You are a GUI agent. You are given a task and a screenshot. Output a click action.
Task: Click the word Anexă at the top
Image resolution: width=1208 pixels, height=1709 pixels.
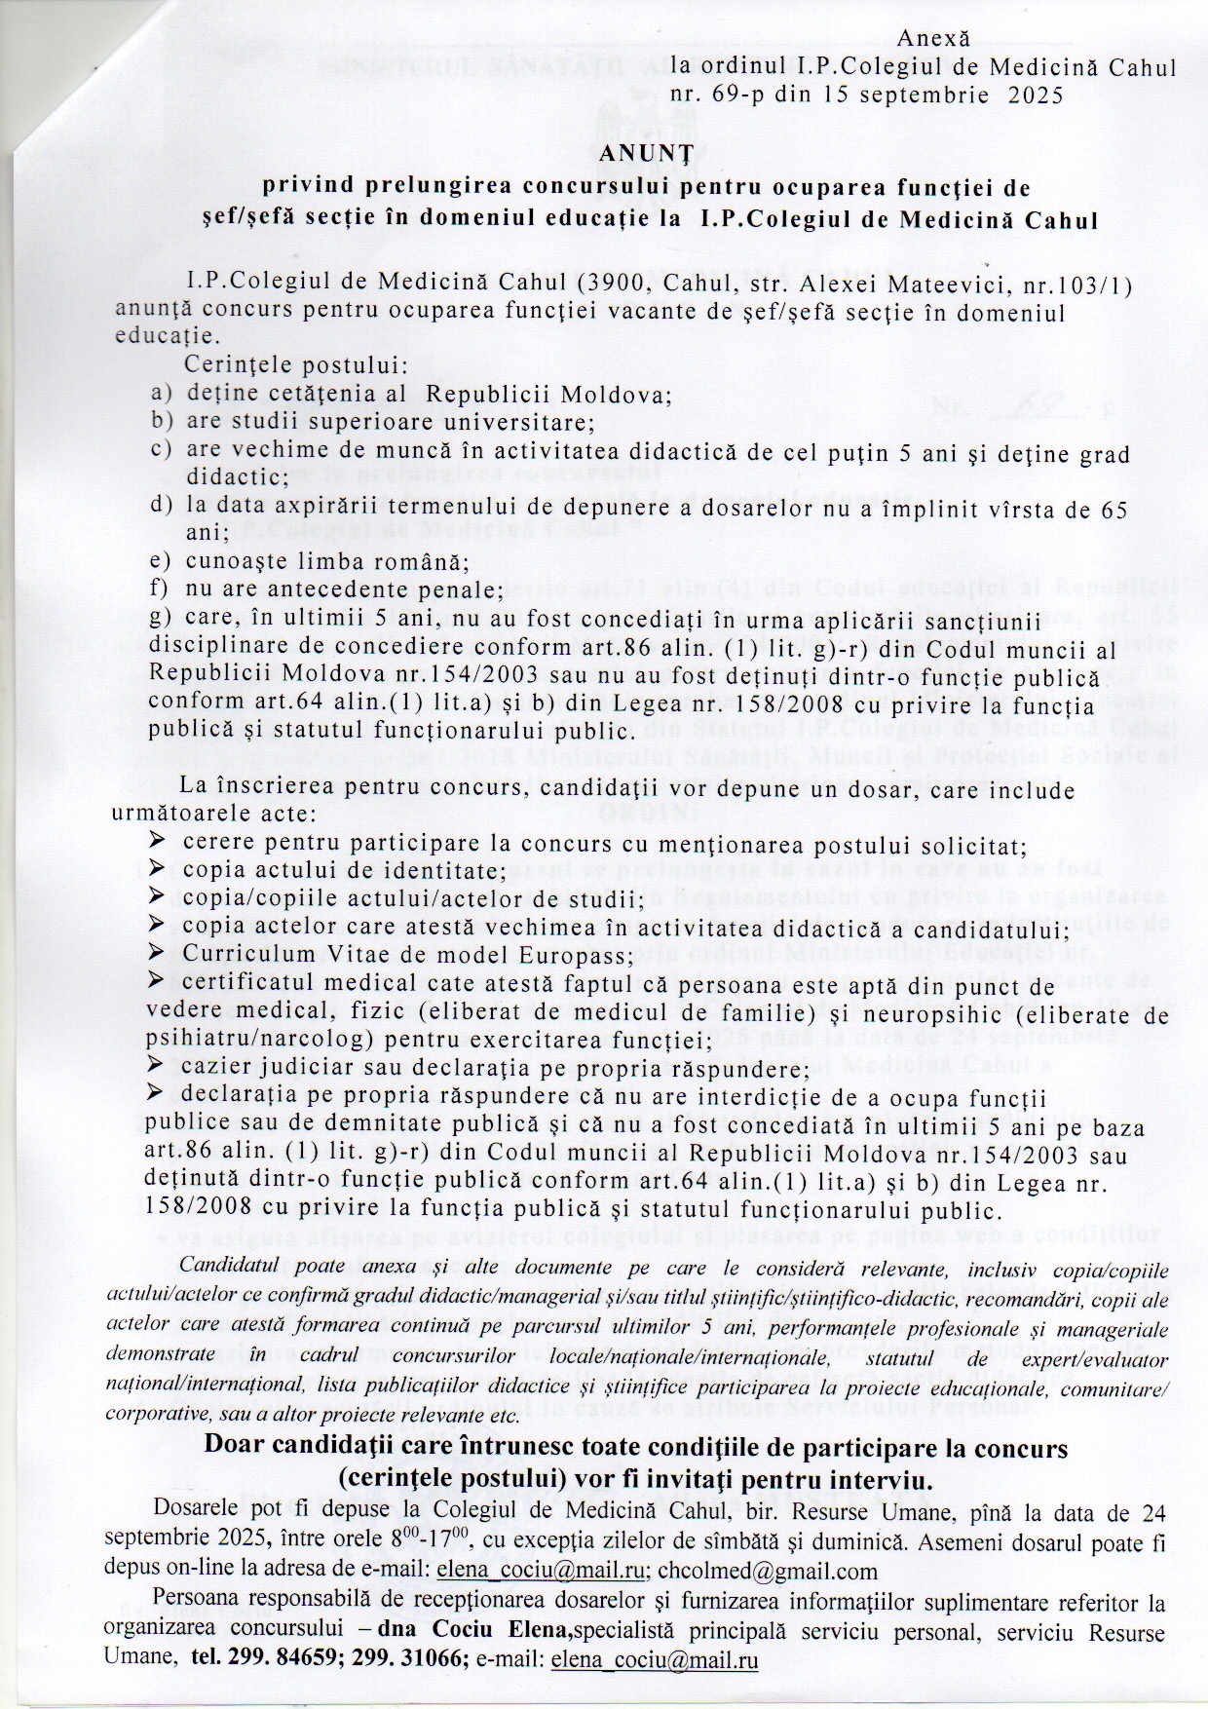tap(933, 39)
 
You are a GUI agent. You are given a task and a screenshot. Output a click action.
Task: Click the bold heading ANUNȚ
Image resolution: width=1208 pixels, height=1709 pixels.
tap(645, 154)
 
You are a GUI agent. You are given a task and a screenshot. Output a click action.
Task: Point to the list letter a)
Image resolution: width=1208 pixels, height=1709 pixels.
tap(161, 395)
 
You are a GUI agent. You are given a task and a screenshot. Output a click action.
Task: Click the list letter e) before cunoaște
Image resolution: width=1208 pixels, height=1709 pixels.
tap(161, 562)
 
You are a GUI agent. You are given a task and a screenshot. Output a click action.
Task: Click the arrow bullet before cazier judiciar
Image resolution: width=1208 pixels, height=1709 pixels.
tap(157, 1069)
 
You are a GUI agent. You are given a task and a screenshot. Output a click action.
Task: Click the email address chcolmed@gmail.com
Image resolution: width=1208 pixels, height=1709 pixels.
tap(768, 1571)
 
